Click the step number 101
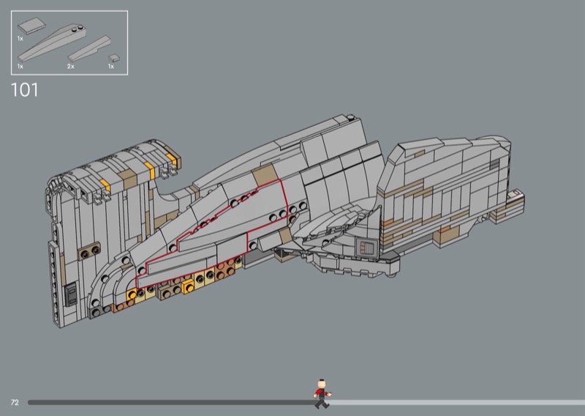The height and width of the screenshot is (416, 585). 25,90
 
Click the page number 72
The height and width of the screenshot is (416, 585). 15,402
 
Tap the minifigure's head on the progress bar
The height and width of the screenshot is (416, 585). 321,385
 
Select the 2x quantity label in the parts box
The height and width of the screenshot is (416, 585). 70,66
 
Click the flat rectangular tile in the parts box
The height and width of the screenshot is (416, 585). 31,26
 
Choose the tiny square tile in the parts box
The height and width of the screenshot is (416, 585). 114,58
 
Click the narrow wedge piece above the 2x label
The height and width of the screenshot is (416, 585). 89,48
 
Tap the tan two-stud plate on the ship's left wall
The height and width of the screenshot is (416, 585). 89,251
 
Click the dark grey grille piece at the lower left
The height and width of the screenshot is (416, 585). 71,294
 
